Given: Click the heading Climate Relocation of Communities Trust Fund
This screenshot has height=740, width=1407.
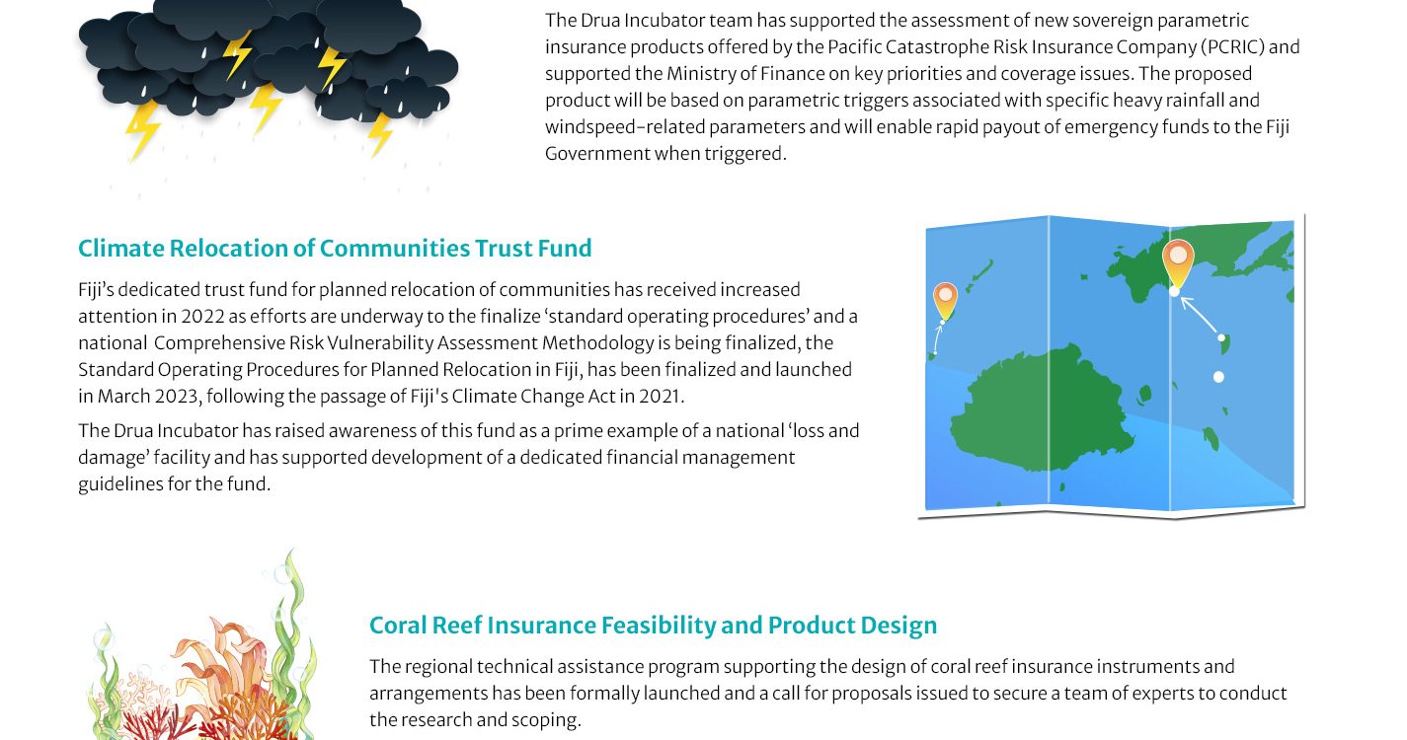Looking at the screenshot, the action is (x=335, y=249).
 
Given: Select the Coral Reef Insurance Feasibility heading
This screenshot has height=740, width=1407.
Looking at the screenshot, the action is (x=654, y=626).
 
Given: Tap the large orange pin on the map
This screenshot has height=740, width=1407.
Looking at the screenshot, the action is (x=1178, y=263).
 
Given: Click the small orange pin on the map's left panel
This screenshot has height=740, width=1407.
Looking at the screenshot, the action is (x=945, y=301).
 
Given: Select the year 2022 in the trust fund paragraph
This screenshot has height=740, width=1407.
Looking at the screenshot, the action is (x=202, y=317).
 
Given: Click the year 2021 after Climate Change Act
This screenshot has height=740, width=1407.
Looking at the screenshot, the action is (x=660, y=397).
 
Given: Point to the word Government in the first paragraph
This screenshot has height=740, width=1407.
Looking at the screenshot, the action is (x=596, y=154).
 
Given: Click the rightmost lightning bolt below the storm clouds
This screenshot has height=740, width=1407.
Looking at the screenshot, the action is (x=380, y=133).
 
